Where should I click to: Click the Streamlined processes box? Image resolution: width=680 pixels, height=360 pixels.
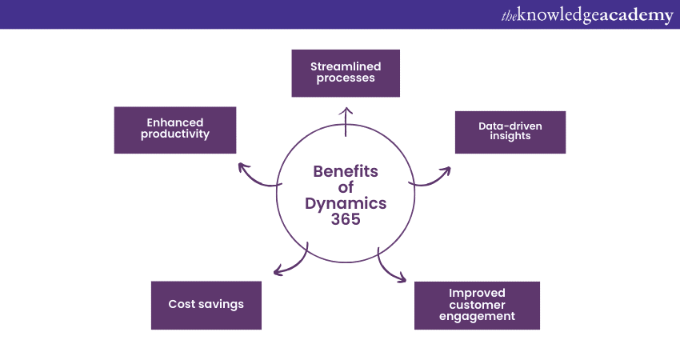[x=345, y=73]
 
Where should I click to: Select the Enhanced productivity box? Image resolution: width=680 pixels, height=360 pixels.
[x=175, y=130]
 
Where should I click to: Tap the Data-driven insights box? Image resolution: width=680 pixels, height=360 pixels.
[x=510, y=132]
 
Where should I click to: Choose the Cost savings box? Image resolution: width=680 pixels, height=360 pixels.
[x=206, y=305]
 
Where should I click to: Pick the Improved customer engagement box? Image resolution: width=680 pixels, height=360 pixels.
[x=477, y=305]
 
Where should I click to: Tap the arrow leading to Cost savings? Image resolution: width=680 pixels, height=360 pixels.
[x=291, y=263]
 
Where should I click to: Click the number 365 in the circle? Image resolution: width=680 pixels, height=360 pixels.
[x=346, y=219]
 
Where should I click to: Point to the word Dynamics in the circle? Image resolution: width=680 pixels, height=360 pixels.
[x=346, y=203]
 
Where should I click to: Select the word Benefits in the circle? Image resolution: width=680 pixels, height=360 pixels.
[x=346, y=171]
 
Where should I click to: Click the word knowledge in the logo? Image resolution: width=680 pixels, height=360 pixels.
[x=556, y=15]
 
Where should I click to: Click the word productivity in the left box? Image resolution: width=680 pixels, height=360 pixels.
[x=175, y=134]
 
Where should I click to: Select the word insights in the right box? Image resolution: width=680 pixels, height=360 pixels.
[x=510, y=137]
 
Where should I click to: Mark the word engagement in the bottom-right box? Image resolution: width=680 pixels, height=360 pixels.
[x=477, y=317]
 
